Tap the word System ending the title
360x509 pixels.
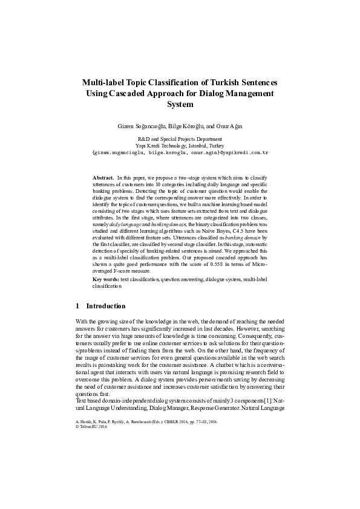pos(179,105)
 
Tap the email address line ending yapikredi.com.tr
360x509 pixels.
pos(179,153)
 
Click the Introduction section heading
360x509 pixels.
pos(106,306)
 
